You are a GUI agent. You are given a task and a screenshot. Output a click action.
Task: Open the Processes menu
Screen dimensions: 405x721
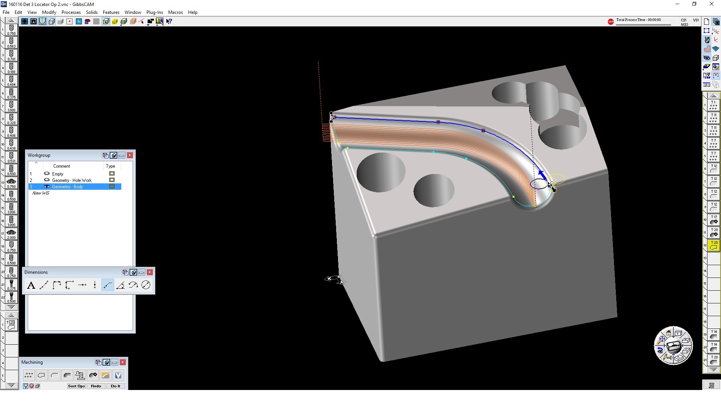click(71, 12)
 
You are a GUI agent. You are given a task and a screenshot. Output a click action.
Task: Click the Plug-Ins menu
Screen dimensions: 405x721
click(154, 12)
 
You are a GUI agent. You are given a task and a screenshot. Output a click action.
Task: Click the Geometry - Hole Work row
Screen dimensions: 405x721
click(72, 180)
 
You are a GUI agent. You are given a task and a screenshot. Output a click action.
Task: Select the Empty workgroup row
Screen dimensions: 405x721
click(58, 174)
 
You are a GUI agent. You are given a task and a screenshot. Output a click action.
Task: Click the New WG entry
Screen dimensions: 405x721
click(41, 193)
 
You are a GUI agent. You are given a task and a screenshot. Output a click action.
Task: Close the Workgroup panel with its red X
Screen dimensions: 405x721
click(130, 155)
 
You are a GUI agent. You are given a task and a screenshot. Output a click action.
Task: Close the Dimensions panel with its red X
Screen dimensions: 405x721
click(150, 272)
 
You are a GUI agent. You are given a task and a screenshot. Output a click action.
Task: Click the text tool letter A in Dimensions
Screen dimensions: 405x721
click(31, 285)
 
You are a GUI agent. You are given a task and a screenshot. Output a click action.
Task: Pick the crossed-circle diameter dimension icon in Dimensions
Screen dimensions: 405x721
click(146, 285)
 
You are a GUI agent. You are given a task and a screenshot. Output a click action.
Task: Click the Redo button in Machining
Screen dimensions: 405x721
click(96, 386)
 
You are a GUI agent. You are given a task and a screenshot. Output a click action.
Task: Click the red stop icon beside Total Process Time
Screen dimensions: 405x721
click(611, 22)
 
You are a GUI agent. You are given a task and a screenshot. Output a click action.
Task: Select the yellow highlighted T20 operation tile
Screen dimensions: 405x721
click(713, 245)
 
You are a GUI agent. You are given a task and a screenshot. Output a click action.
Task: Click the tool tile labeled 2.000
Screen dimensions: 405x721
click(11, 234)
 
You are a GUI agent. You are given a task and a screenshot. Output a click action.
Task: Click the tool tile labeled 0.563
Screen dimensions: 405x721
click(11, 42)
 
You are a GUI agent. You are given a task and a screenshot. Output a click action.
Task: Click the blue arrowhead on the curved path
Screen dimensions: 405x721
click(542, 174)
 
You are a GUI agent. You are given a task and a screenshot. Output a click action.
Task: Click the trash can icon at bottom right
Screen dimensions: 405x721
click(711, 385)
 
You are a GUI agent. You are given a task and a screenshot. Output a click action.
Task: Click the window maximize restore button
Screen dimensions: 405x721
click(694, 4)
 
